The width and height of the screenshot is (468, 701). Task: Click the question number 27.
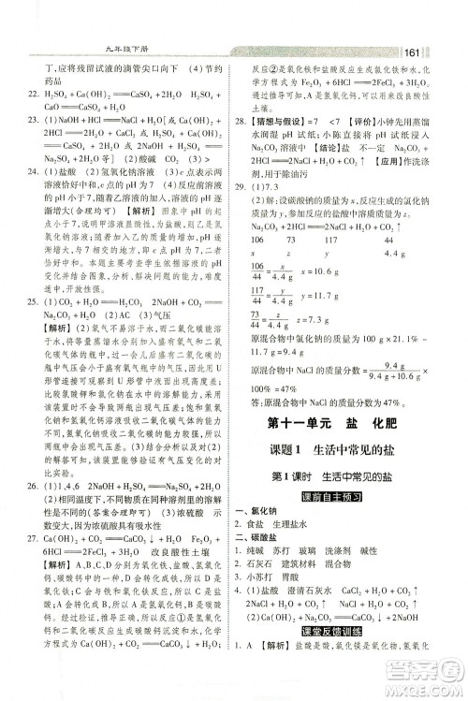click(x=31, y=537)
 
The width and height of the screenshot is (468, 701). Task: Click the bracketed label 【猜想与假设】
click(x=277, y=122)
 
